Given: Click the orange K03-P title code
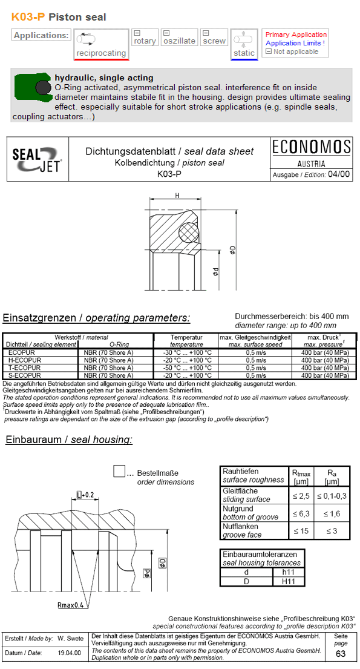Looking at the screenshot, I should coord(28,17).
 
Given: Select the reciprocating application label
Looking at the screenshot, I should coord(100,53).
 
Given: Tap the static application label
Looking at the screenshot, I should coord(244,53).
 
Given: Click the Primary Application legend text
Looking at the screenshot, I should coord(296,35).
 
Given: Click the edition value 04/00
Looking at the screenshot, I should coord(338,174).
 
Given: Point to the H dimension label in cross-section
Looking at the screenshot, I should coord(177,196).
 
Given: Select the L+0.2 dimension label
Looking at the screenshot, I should coord(85,495).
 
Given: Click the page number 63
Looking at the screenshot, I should coord(341,654).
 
